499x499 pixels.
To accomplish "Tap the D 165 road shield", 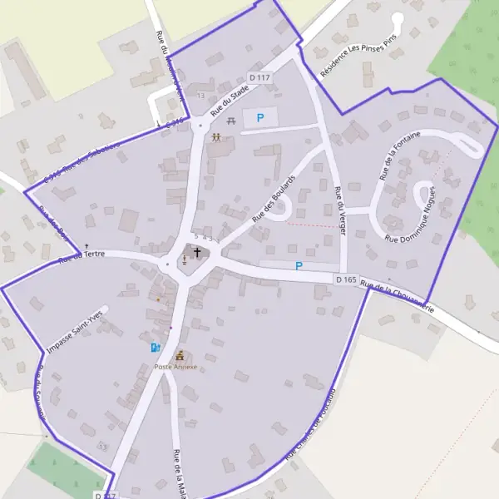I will coord(347,279).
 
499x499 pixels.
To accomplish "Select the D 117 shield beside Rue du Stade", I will coord(259,77).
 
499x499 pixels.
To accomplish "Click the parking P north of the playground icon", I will coord(260,119).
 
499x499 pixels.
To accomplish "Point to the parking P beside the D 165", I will coord(299,266).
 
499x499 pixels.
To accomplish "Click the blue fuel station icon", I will coord(154,348).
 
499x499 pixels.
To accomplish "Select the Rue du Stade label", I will coord(229,98).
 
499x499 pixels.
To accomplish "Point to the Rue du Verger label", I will coord(339,210).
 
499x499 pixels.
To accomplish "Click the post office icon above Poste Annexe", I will coord(179,356).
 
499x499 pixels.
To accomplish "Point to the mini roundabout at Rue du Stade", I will coord(200,126).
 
